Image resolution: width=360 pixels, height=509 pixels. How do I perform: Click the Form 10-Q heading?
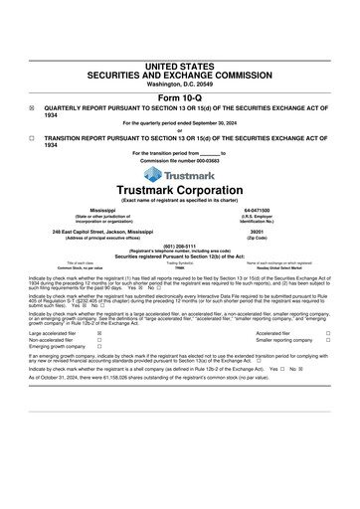[x=180, y=98]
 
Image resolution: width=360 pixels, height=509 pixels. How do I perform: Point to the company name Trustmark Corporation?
[x=180, y=190]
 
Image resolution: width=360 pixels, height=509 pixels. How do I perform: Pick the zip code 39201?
[x=257, y=232]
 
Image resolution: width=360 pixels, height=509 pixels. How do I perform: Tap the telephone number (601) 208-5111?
[x=180, y=245]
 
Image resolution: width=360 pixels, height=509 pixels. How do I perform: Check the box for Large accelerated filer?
[x=99, y=334]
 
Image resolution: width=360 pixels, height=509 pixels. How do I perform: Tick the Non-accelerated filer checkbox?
[x=99, y=341]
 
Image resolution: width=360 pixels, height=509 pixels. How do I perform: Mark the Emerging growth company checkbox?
[x=99, y=348]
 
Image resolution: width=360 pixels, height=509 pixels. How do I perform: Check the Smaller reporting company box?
[x=328, y=341]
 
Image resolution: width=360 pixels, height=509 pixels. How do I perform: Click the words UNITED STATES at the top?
[x=180, y=67]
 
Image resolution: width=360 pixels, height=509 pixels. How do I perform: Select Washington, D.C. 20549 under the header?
[x=180, y=85]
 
